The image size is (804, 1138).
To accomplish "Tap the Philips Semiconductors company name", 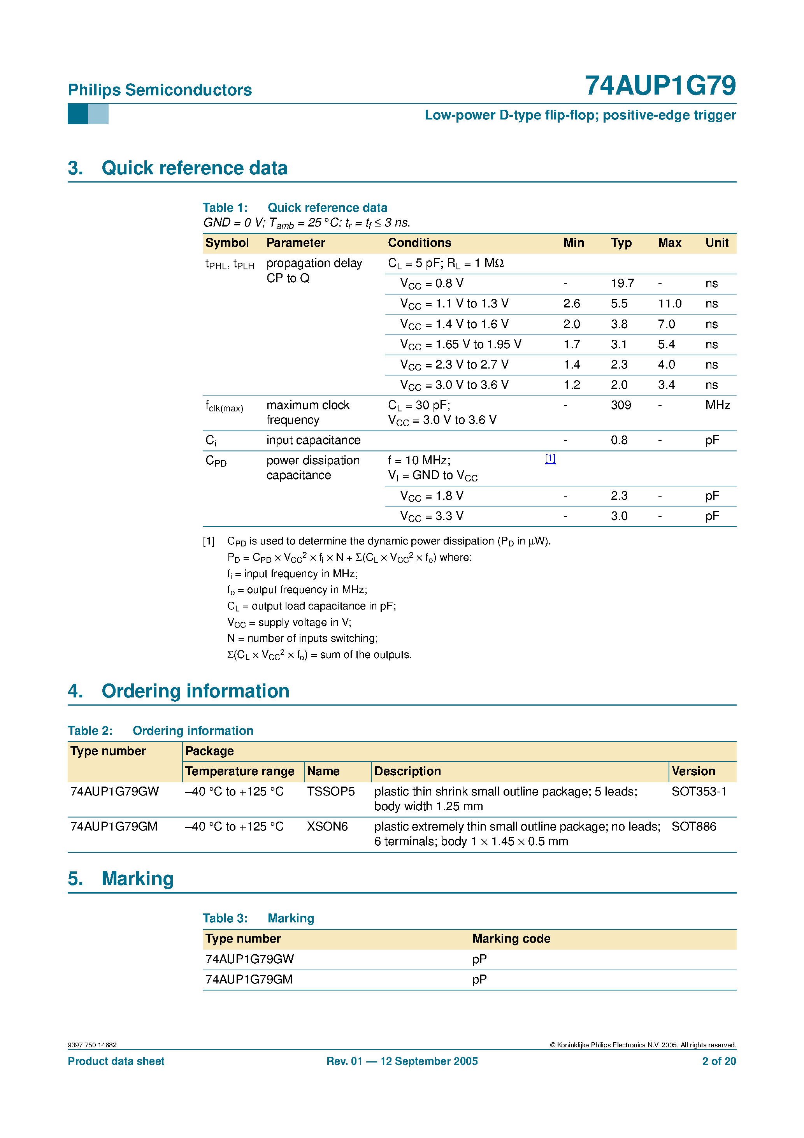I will click(x=160, y=90).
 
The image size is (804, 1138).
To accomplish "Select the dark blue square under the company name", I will click(x=78, y=114).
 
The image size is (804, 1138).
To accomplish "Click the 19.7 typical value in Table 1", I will click(x=622, y=283).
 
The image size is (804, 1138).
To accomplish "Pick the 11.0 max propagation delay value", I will click(x=669, y=304).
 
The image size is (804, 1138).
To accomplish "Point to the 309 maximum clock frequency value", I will click(x=621, y=406).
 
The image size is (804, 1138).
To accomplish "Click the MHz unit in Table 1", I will click(x=717, y=406).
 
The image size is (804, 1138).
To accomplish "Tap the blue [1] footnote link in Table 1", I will click(x=550, y=459).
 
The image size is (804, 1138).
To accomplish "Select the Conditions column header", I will click(x=420, y=243).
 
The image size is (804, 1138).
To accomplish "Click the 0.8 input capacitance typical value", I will click(x=619, y=441).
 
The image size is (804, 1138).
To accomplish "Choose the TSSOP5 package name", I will click(x=331, y=792).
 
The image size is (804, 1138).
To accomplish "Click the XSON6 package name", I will click(x=327, y=827).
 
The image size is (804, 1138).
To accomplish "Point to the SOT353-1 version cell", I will click(x=699, y=792).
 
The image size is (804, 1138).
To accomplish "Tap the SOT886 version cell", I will click(x=693, y=827).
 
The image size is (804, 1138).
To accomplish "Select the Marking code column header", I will click(x=511, y=939).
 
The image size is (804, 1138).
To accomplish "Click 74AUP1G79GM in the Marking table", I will click(x=249, y=980).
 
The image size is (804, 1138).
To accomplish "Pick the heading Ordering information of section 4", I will click(x=195, y=692).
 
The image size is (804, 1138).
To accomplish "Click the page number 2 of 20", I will click(x=719, y=1061).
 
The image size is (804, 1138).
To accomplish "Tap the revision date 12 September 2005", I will click(x=429, y=1061).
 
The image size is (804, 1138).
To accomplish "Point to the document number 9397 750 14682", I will click(x=92, y=1045).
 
